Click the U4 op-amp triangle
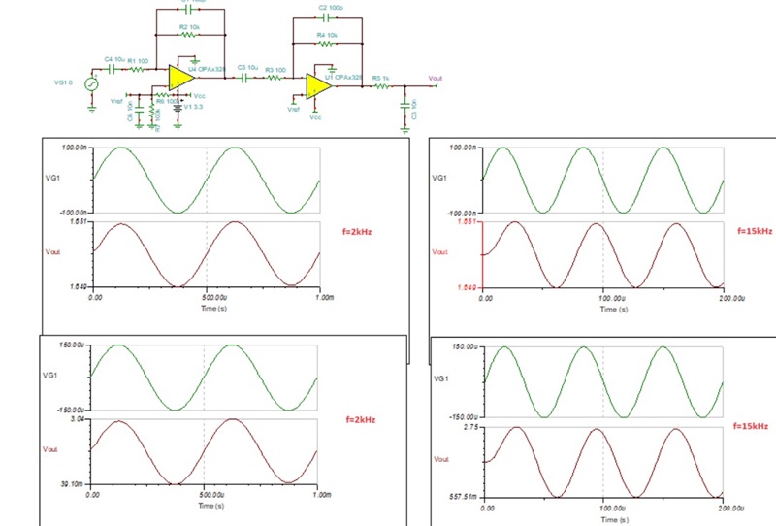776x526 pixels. click(x=178, y=77)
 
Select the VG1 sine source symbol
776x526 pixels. click(x=94, y=83)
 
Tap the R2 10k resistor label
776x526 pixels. click(x=189, y=27)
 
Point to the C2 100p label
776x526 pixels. click(x=330, y=6)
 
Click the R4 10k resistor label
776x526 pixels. click(x=327, y=34)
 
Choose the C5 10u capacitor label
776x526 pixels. click(x=247, y=67)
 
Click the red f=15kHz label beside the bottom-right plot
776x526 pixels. click(x=752, y=426)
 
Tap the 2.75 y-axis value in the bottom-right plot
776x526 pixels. click(x=471, y=427)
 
